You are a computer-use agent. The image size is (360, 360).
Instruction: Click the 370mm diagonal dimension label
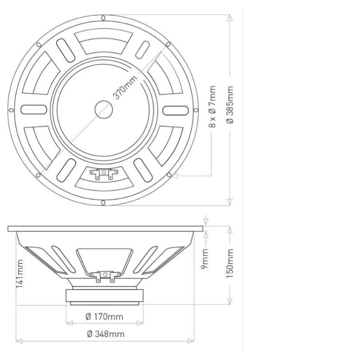(x=125, y=87)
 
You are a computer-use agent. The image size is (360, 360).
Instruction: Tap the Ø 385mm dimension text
(x=230, y=105)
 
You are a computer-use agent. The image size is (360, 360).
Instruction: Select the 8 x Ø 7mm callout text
(x=212, y=107)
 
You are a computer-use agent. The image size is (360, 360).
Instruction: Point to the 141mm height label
(x=19, y=274)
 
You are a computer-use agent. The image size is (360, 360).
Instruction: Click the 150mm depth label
(x=230, y=263)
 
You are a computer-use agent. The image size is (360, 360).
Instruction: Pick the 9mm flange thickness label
(x=205, y=258)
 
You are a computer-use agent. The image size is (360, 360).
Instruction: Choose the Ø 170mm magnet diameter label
(x=104, y=317)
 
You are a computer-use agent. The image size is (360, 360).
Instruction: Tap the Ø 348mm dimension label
(x=106, y=334)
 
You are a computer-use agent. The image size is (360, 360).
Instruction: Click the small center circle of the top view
(x=104, y=110)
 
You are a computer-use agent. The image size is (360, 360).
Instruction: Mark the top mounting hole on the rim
(x=103, y=18)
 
